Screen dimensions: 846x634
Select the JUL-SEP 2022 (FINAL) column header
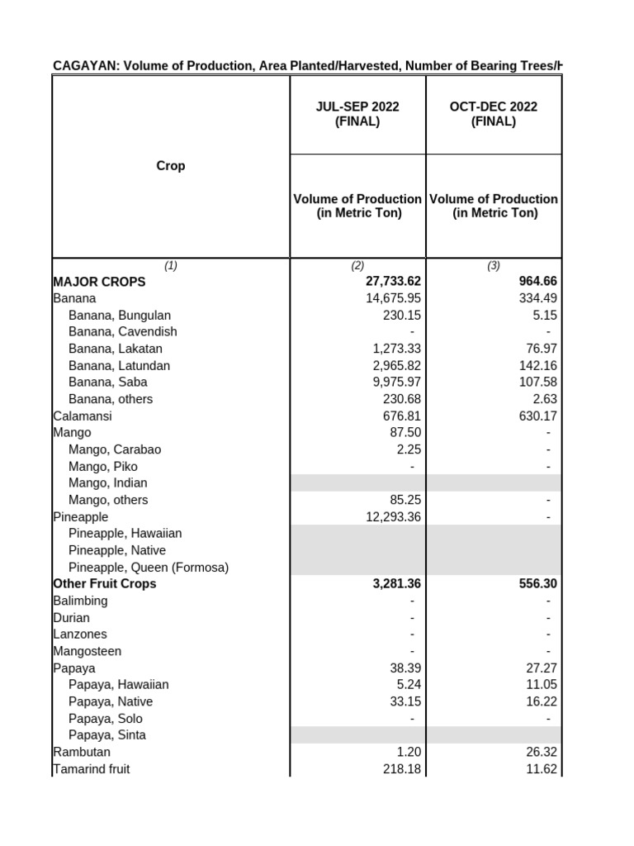point(357,114)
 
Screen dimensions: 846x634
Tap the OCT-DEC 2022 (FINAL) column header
point(494,114)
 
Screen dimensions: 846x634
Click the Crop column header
point(171,166)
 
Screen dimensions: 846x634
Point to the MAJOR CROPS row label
point(99,282)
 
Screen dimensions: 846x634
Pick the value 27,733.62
point(387,282)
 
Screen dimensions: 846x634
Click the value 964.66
point(537,282)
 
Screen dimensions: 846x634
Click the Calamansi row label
point(82,416)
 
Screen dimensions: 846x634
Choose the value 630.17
point(538,416)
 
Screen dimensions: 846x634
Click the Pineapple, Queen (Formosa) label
point(149,568)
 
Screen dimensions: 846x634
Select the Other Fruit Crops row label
point(104,584)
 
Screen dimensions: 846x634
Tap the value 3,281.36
point(393,584)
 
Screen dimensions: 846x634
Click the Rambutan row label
point(82,752)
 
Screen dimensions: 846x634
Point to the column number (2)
point(357,265)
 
